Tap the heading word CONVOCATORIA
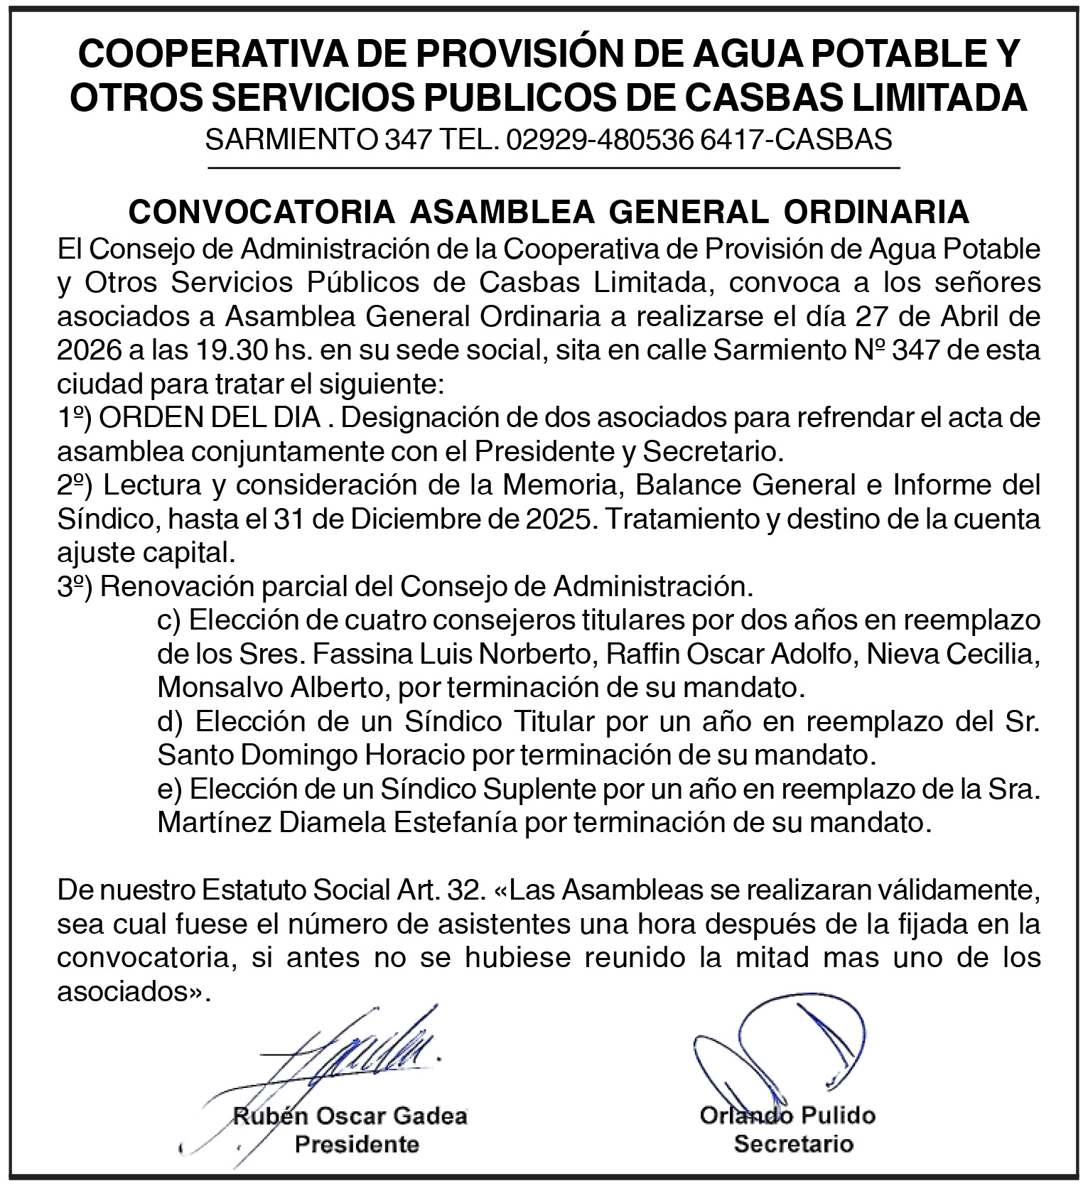point(262,212)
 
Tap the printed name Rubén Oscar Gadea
point(350,1116)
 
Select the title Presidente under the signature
point(357,1144)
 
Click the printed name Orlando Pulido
point(787,1116)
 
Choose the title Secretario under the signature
point(793,1144)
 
